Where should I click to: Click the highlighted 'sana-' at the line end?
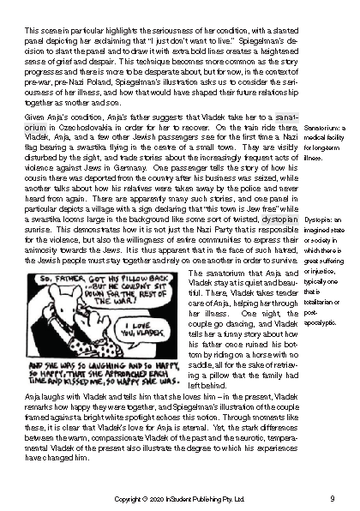pos(284,114)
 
